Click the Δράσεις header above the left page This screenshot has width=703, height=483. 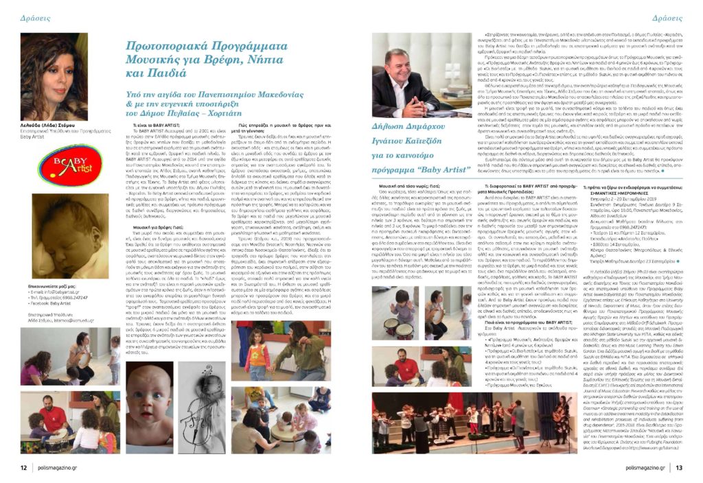click(32, 15)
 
